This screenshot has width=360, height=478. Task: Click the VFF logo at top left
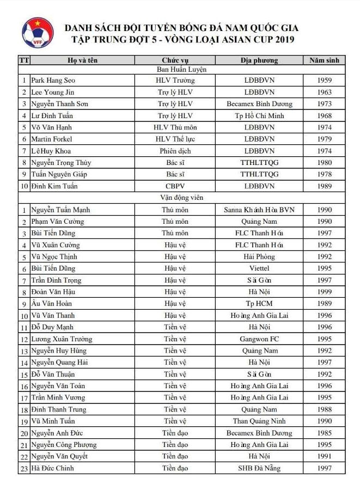38,34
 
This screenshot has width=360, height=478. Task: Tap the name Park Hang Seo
53,81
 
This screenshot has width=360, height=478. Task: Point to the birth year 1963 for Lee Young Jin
324,93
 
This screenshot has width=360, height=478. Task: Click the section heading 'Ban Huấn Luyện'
181,69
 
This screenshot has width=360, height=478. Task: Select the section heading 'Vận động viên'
181,198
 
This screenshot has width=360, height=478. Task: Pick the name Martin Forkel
52,139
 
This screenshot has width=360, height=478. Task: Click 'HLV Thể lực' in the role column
175,139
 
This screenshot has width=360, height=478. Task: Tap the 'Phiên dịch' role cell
175,151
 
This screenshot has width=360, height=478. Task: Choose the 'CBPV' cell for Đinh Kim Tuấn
175,186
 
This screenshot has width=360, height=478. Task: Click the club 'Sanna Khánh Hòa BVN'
259,210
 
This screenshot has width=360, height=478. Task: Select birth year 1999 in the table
324,292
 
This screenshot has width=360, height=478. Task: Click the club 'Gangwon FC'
259,339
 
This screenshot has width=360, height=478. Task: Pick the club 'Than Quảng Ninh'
259,421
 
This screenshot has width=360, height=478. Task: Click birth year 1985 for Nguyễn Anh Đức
324,433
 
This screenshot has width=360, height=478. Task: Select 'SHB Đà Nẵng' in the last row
259,468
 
